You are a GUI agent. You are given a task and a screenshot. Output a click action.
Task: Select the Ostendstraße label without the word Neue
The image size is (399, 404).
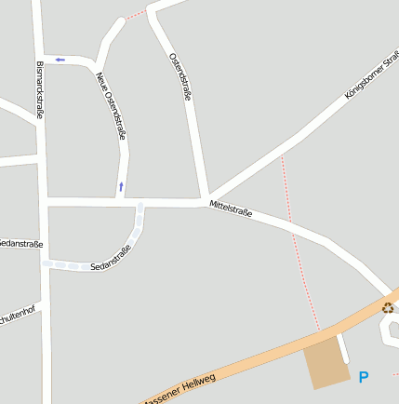[180, 82]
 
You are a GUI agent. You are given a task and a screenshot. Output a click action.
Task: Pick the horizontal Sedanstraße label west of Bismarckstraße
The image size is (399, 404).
[20, 244]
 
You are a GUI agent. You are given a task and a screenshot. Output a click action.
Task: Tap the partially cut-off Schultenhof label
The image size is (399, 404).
[20, 312]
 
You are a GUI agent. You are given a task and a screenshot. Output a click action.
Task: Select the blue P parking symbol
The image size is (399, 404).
[364, 377]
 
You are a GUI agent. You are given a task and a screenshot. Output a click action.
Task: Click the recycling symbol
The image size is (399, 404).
[388, 308]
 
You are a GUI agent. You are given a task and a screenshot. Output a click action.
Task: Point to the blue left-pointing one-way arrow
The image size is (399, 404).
[60, 60]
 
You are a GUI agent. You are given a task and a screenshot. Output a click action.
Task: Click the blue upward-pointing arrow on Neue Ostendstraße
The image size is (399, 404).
[121, 187]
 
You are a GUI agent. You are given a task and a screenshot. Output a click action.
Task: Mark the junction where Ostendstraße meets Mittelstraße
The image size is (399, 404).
[203, 199]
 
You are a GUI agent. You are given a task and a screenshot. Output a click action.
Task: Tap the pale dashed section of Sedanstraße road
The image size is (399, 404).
[140, 223]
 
